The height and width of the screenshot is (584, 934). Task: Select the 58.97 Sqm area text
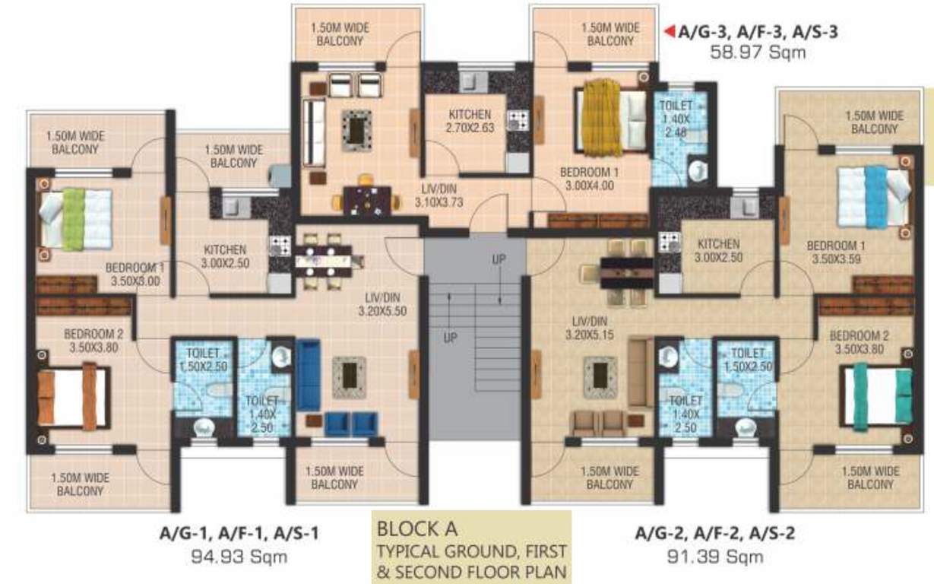tap(757, 52)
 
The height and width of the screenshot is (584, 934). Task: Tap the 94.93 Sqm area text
tap(240, 557)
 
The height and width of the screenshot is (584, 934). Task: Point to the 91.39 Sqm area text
tap(715, 557)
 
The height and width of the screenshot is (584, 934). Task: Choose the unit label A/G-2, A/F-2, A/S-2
tap(715, 534)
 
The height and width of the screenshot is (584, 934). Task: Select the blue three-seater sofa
tap(307, 374)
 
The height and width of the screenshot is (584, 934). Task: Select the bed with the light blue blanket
tap(873, 195)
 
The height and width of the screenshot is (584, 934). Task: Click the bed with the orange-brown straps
tap(73, 396)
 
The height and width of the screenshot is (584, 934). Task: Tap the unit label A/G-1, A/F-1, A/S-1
tap(240, 534)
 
